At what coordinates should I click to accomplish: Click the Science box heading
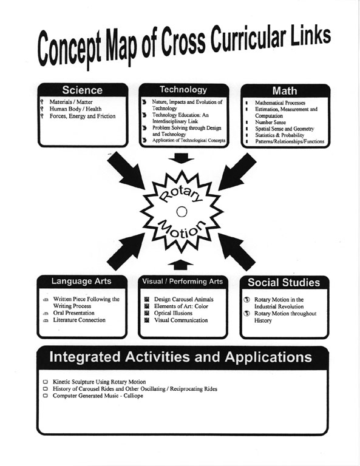83,90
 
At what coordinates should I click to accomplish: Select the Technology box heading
183,89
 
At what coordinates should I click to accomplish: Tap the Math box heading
285,90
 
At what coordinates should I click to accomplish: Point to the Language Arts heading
81,281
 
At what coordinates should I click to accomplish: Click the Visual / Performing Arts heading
183,281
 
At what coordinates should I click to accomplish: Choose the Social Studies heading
284,282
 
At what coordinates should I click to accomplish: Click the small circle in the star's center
182,212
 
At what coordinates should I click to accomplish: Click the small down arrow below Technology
181,158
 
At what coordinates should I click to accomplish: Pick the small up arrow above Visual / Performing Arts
180,265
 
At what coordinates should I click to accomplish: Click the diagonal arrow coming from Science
126,171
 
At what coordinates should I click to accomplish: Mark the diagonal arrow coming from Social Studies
237,252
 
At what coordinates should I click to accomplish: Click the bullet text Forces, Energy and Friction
83,116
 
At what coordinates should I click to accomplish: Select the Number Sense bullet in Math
270,122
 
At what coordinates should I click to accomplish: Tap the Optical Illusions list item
173,313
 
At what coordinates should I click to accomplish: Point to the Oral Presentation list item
73,313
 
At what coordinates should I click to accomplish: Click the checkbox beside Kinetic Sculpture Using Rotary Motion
46,382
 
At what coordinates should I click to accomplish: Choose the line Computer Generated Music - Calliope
98,396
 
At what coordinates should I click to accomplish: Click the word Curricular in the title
248,40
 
